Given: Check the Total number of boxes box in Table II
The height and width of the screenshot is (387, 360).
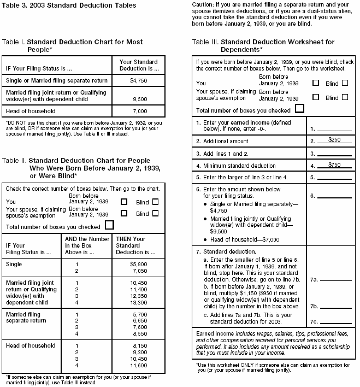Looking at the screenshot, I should pyautogui.click(x=110, y=225).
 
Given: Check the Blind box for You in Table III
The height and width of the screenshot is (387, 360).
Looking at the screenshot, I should pyautogui.click(x=345, y=83).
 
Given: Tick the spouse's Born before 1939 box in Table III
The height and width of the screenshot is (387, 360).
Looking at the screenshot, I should pyautogui.click(x=315, y=97).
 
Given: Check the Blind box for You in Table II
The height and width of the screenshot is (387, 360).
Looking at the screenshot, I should pyautogui.click(x=156, y=201).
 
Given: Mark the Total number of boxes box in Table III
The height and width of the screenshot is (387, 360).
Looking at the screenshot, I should pyautogui.click(x=299, y=108).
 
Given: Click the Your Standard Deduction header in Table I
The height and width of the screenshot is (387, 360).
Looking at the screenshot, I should pyautogui.click(x=138, y=66).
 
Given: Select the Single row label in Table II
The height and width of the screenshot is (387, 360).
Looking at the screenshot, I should pyautogui.click(x=14, y=264).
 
